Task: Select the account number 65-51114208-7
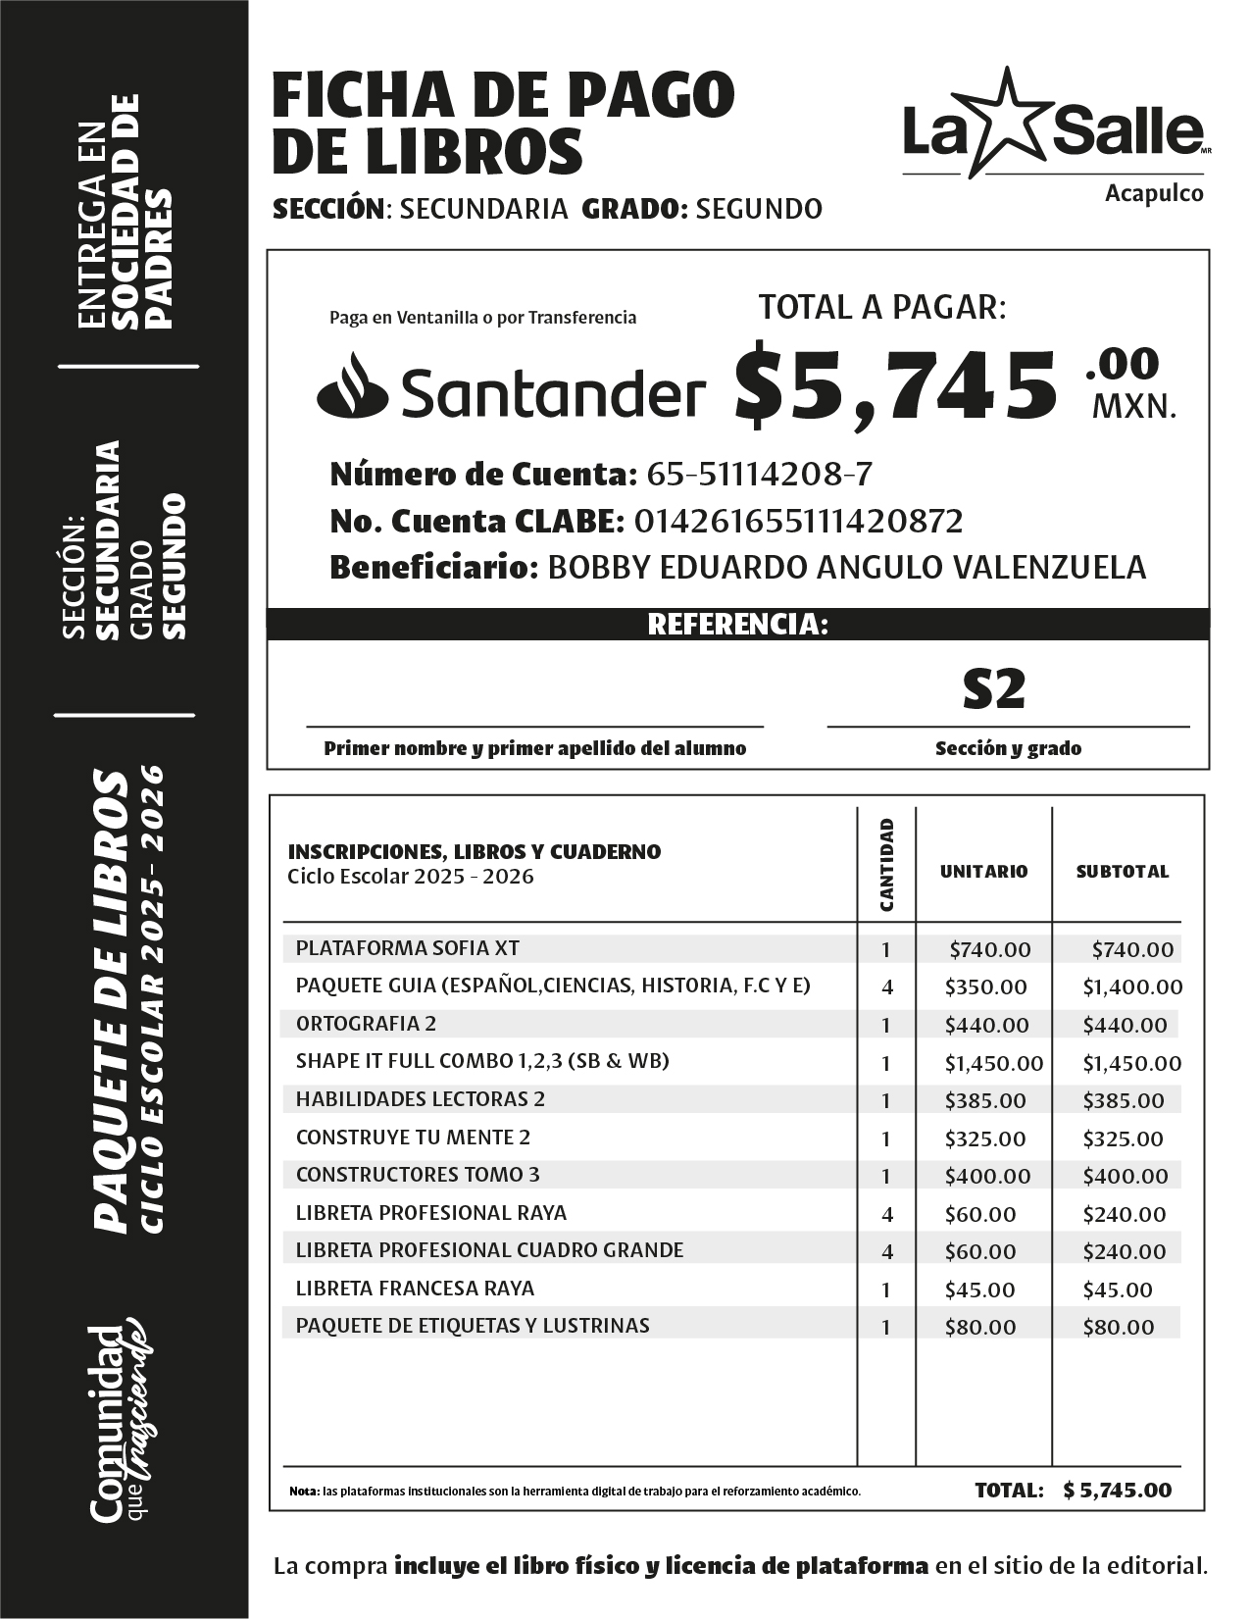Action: (x=759, y=475)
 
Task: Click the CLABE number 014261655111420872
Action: (x=798, y=521)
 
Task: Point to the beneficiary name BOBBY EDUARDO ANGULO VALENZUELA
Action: (x=846, y=567)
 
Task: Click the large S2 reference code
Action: (x=994, y=689)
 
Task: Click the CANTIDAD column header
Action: (x=886, y=865)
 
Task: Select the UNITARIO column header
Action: (x=983, y=871)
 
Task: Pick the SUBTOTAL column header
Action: (x=1122, y=871)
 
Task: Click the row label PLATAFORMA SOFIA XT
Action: (x=407, y=948)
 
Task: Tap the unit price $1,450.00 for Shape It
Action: (x=993, y=1063)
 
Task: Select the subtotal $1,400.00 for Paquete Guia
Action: (x=1131, y=987)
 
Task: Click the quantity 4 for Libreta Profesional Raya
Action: (x=887, y=1214)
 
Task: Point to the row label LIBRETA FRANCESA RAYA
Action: (x=415, y=1288)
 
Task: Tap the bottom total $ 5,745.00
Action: (x=1117, y=1490)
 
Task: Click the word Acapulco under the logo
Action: (x=1154, y=193)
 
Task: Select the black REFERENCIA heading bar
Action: (x=737, y=625)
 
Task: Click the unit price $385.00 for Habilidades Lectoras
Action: (x=985, y=1100)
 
